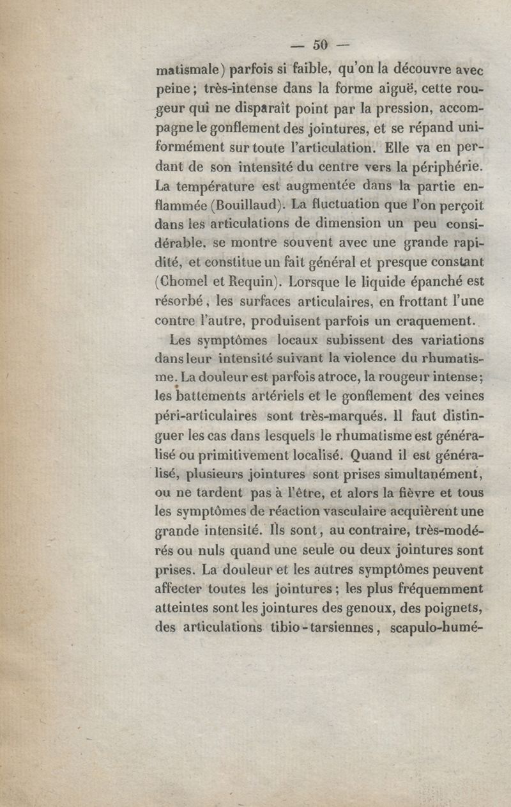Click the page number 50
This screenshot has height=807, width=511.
point(320,44)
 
